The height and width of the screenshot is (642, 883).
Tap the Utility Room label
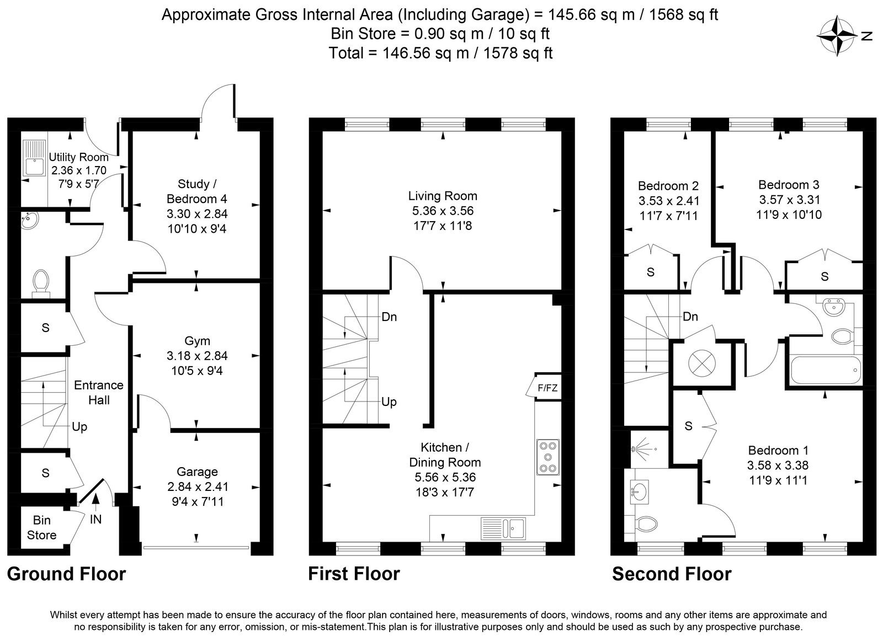78,157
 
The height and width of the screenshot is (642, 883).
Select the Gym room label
197,341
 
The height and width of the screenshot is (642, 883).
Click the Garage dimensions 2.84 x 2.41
198,486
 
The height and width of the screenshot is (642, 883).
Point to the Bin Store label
41,527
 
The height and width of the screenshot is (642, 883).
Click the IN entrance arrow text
96,520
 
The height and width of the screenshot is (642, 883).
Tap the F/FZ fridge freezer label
547,388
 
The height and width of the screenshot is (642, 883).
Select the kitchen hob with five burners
548,457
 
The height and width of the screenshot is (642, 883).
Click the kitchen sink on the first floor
503,528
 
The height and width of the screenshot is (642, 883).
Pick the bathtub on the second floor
826,370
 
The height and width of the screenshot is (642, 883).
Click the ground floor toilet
41,283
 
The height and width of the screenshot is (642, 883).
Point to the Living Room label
443,196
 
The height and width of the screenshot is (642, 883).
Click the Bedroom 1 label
778,450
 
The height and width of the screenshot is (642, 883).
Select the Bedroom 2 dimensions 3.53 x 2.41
669,201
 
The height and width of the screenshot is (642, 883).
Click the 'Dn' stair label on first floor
389,317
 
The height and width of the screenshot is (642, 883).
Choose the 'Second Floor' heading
672,574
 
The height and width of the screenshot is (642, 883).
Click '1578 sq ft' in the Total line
518,53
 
